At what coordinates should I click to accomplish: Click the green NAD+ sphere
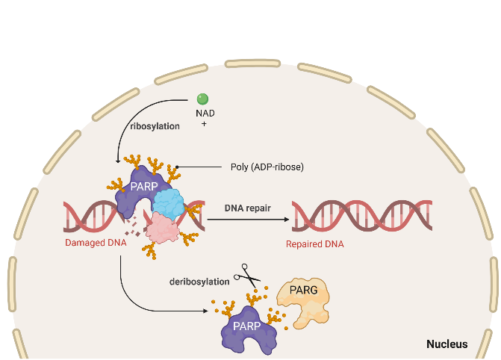[x=202, y=99]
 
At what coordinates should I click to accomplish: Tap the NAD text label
[x=202, y=114]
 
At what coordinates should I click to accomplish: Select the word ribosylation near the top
[x=155, y=126]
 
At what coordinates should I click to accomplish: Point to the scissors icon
[x=245, y=276]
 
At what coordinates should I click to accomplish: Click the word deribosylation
[x=200, y=281]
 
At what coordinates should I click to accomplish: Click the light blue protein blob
[x=171, y=202]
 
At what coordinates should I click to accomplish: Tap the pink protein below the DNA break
[x=161, y=228]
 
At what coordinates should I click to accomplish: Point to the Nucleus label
[x=446, y=344]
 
